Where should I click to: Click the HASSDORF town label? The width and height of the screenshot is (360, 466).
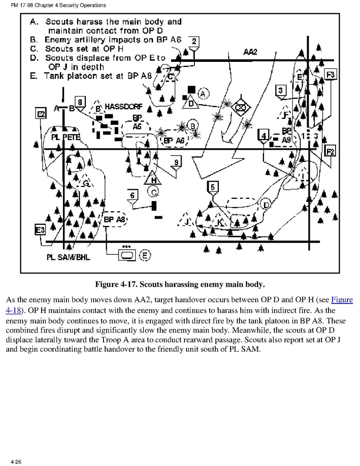point(124,107)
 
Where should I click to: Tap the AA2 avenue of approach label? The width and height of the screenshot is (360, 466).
point(250,52)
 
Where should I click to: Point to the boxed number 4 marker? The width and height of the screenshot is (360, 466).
point(264,136)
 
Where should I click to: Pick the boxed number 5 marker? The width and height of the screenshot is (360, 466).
point(212,187)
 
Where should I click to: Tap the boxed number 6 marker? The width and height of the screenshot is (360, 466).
point(133,195)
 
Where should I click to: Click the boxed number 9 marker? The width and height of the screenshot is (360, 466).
point(176,162)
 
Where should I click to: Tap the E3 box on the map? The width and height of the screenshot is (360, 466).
point(40,230)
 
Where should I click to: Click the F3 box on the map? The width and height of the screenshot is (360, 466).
point(331,74)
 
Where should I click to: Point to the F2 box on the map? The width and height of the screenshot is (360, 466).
point(330,151)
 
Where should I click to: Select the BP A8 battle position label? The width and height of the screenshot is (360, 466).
point(115,220)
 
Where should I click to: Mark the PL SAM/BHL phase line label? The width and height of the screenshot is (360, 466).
point(68,257)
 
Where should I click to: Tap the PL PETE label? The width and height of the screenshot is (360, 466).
point(65,137)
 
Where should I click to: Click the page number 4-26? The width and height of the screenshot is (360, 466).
point(16,462)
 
